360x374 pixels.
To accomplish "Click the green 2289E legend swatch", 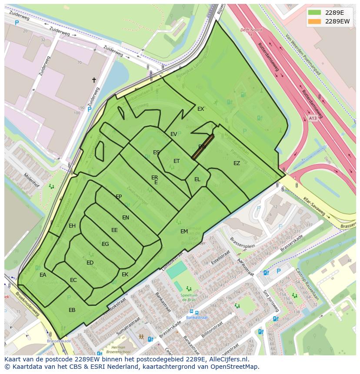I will [x=315, y=12].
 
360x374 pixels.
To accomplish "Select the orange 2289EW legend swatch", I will [x=315, y=21].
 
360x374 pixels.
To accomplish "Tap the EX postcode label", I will [x=200, y=109].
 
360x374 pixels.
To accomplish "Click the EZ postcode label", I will [x=237, y=163].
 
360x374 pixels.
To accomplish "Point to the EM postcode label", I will [x=184, y=232].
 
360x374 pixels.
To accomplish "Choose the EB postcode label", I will [x=72, y=310].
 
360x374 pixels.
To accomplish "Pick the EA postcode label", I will [x=43, y=275].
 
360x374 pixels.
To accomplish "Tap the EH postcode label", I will [x=72, y=226].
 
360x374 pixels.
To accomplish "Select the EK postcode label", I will [x=125, y=275].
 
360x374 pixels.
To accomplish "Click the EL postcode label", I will [x=197, y=179].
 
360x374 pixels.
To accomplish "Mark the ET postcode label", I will [x=177, y=161].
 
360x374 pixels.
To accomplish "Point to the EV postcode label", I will [x=173, y=134].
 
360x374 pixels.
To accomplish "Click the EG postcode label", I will [x=105, y=244].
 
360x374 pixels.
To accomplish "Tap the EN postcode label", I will [x=126, y=218].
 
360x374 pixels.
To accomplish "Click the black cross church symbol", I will [x=93, y=80].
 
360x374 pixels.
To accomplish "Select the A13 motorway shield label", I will [x=313, y=118].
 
